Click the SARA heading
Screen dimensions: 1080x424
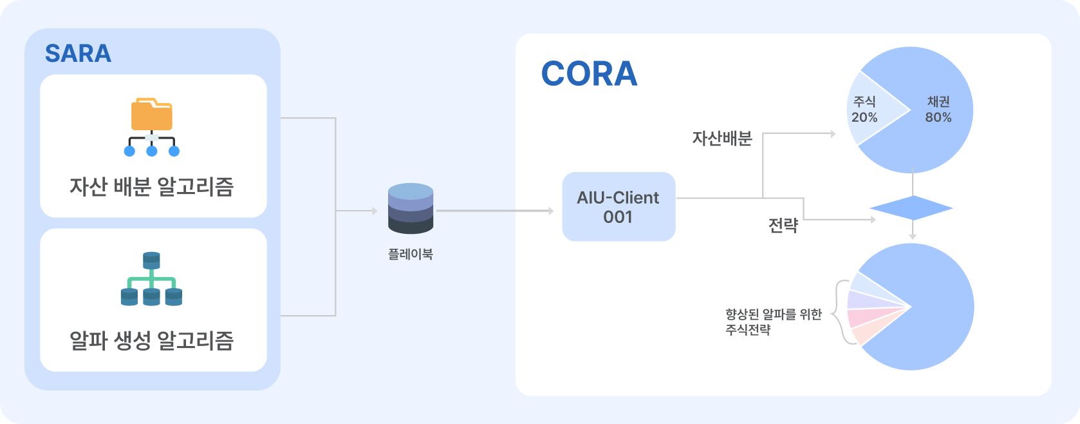point(78,53)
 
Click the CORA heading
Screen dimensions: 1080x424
point(589,73)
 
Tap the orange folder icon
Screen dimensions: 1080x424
point(151,115)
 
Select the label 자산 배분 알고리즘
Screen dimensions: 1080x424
point(151,187)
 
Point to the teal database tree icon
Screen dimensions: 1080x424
point(151,278)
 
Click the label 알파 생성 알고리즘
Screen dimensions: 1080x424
point(151,340)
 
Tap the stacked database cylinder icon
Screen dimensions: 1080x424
point(410,208)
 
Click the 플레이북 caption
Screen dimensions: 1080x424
point(410,254)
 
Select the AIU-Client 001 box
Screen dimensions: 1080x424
point(619,207)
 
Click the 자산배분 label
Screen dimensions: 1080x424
point(722,139)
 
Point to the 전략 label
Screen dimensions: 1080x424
point(783,225)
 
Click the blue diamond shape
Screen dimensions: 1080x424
point(911,208)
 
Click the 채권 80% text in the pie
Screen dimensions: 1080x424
point(938,109)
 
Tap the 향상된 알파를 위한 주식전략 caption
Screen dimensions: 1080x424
point(774,322)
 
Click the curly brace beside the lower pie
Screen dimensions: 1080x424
point(841,312)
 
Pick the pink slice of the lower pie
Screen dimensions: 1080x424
point(873,316)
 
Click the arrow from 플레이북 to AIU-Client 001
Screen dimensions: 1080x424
point(495,211)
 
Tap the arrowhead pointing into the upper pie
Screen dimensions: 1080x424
point(833,133)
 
